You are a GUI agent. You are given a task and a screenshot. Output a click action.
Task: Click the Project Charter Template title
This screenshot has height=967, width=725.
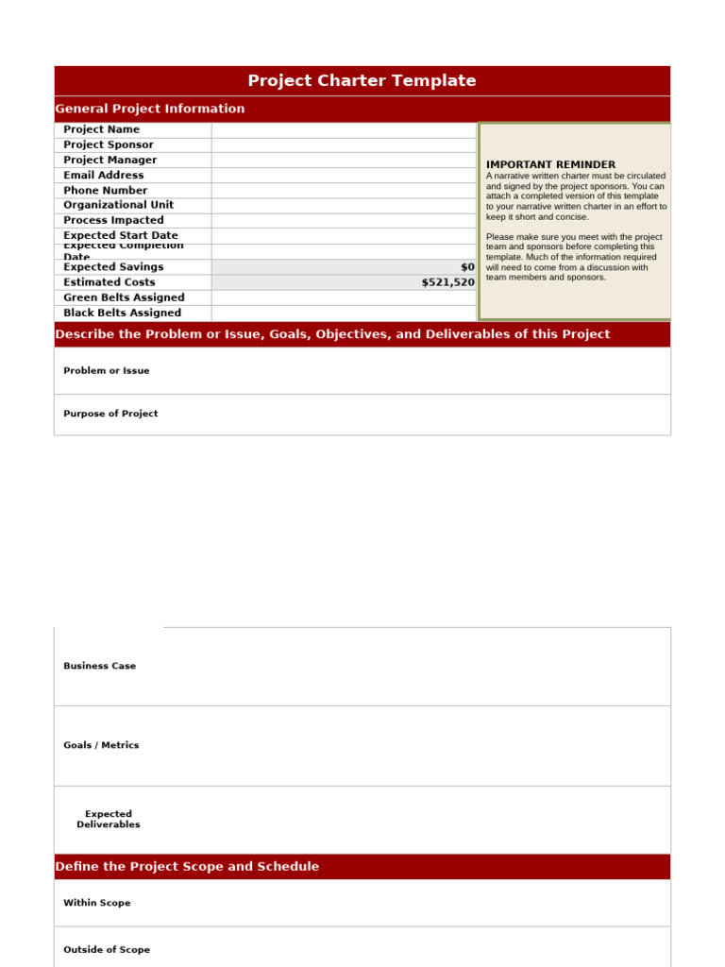pyautogui.click(x=362, y=81)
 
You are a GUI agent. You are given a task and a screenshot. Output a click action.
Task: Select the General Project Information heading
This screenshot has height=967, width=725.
pyautogui.click(x=150, y=109)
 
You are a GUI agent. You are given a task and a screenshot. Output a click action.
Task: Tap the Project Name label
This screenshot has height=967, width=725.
pyautogui.click(x=101, y=129)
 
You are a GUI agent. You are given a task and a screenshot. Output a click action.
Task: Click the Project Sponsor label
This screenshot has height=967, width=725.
pyautogui.click(x=108, y=144)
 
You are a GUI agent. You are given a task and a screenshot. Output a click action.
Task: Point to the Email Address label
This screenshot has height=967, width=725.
pyautogui.click(x=104, y=175)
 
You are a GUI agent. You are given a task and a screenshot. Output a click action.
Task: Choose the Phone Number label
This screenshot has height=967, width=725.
pyautogui.click(x=106, y=190)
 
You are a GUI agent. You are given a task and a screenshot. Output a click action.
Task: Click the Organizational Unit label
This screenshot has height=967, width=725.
pyautogui.click(x=118, y=205)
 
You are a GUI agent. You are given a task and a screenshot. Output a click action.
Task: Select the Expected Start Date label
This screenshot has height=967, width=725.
pyautogui.click(x=120, y=235)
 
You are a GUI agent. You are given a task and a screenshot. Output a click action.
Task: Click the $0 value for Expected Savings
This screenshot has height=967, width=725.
pyautogui.click(x=467, y=267)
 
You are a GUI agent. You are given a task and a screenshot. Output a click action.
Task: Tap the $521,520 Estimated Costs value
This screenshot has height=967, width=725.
pyautogui.click(x=447, y=282)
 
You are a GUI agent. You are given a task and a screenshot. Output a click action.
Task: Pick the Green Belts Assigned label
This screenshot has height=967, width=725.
pyautogui.click(x=124, y=297)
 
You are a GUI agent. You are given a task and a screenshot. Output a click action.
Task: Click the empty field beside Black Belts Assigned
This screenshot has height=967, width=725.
pyautogui.click(x=344, y=313)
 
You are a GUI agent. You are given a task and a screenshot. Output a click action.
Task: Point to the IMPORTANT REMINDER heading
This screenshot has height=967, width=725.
pyautogui.click(x=550, y=164)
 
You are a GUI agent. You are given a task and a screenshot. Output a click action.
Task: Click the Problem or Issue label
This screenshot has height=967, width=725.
pyautogui.click(x=106, y=371)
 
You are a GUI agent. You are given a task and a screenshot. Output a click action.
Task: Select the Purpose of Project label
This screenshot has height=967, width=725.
pyautogui.click(x=110, y=414)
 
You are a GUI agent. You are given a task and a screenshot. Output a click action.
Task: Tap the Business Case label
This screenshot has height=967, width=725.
pyautogui.click(x=99, y=666)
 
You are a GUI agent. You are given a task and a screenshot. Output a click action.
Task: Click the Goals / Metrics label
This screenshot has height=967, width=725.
pyautogui.click(x=101, y=745)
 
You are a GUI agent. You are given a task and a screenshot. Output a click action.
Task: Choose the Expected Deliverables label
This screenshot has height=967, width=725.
pyautogui.click(x=109, y=819)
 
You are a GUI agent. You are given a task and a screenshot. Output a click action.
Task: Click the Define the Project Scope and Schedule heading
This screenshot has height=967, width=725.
pyautogui.click(x=187, y=867)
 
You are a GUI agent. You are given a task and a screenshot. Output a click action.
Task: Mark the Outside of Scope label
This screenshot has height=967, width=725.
pyautogui.click(x=107, y=950)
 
